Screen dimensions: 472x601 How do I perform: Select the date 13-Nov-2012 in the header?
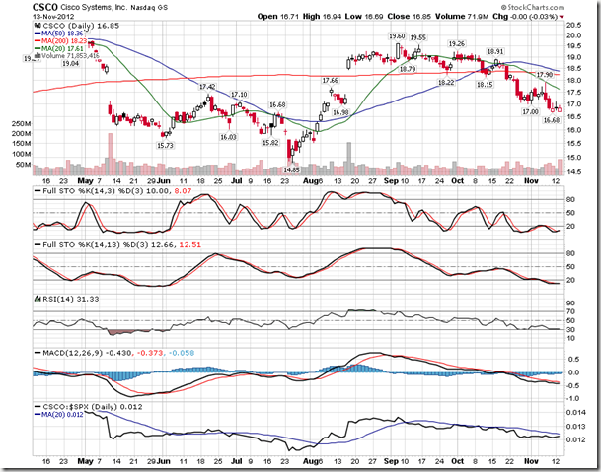coord(51,18)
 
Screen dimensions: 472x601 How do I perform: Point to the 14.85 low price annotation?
coord(290,169)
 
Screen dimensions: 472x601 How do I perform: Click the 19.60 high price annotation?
coord(397,36)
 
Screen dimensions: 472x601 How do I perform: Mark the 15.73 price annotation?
coord(167,146)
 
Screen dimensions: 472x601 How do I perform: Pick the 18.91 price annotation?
coord(495,51)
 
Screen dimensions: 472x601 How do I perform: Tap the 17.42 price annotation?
coord(207,87)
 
